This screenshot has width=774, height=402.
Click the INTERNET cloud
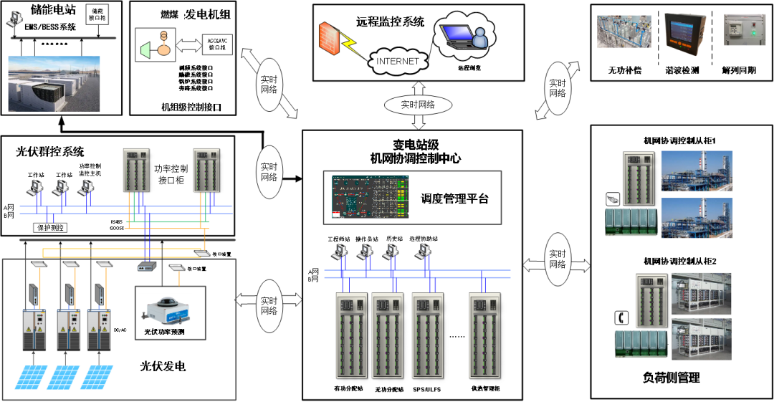(x=397, y=61)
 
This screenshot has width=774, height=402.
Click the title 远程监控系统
(x=390, y=21)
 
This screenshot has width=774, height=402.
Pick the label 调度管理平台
(x=454, y=198)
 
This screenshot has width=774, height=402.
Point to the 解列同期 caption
(x=740, y=71)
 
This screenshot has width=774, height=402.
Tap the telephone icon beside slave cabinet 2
(x=621, y=317)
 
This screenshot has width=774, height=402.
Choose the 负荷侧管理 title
(x=671, y=378)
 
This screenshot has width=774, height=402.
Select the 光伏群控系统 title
(x=50, y=152)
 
